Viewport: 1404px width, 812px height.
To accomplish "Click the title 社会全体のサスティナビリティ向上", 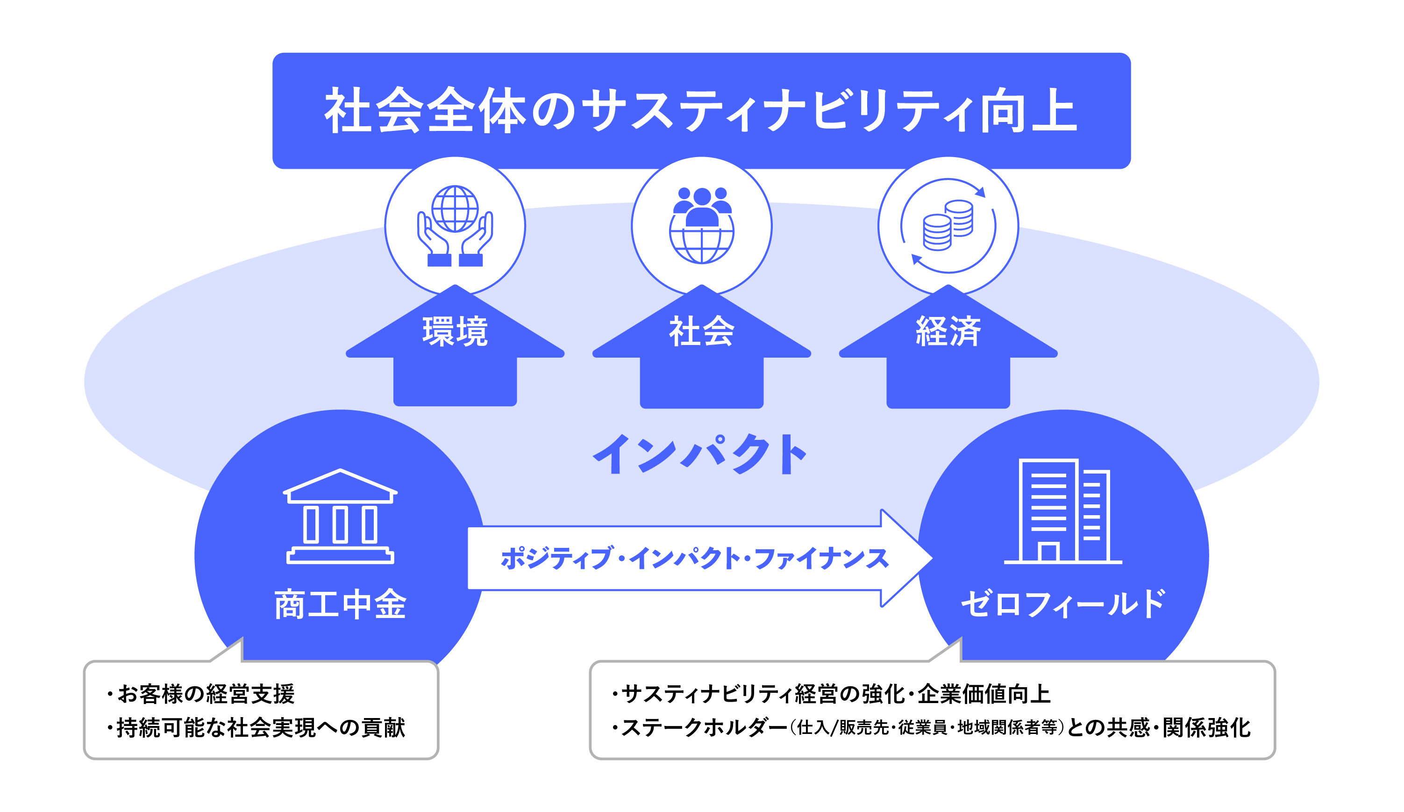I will pyautogui.click(x=700, y=110).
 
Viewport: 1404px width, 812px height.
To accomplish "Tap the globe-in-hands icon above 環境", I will pyautogui.click(x=455, y=226).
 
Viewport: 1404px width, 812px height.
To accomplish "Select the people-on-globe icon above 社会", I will pyautogui.click(x=701, y=225).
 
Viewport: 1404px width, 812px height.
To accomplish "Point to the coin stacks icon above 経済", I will pyautogui.click(x=948, y=225).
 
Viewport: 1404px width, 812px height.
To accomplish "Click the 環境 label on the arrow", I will pyautogui.click(x=455, y=331).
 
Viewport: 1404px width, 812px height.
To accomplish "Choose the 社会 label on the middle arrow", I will pyautogui.click(x=701, y=331).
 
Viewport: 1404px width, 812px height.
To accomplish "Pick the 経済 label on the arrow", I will pyautogui.click(x=948, y=331).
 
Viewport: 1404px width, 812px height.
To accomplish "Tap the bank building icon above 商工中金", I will pyautogui.click(x=340, y=516).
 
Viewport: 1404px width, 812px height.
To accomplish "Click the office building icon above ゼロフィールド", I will pyautogui.click(x=1062, y=511).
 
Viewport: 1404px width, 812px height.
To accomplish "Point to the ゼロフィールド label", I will pyautogui.click(x=1062, y=604).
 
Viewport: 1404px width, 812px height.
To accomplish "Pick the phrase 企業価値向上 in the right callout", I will pyautogui.click(x=984, y=694).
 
